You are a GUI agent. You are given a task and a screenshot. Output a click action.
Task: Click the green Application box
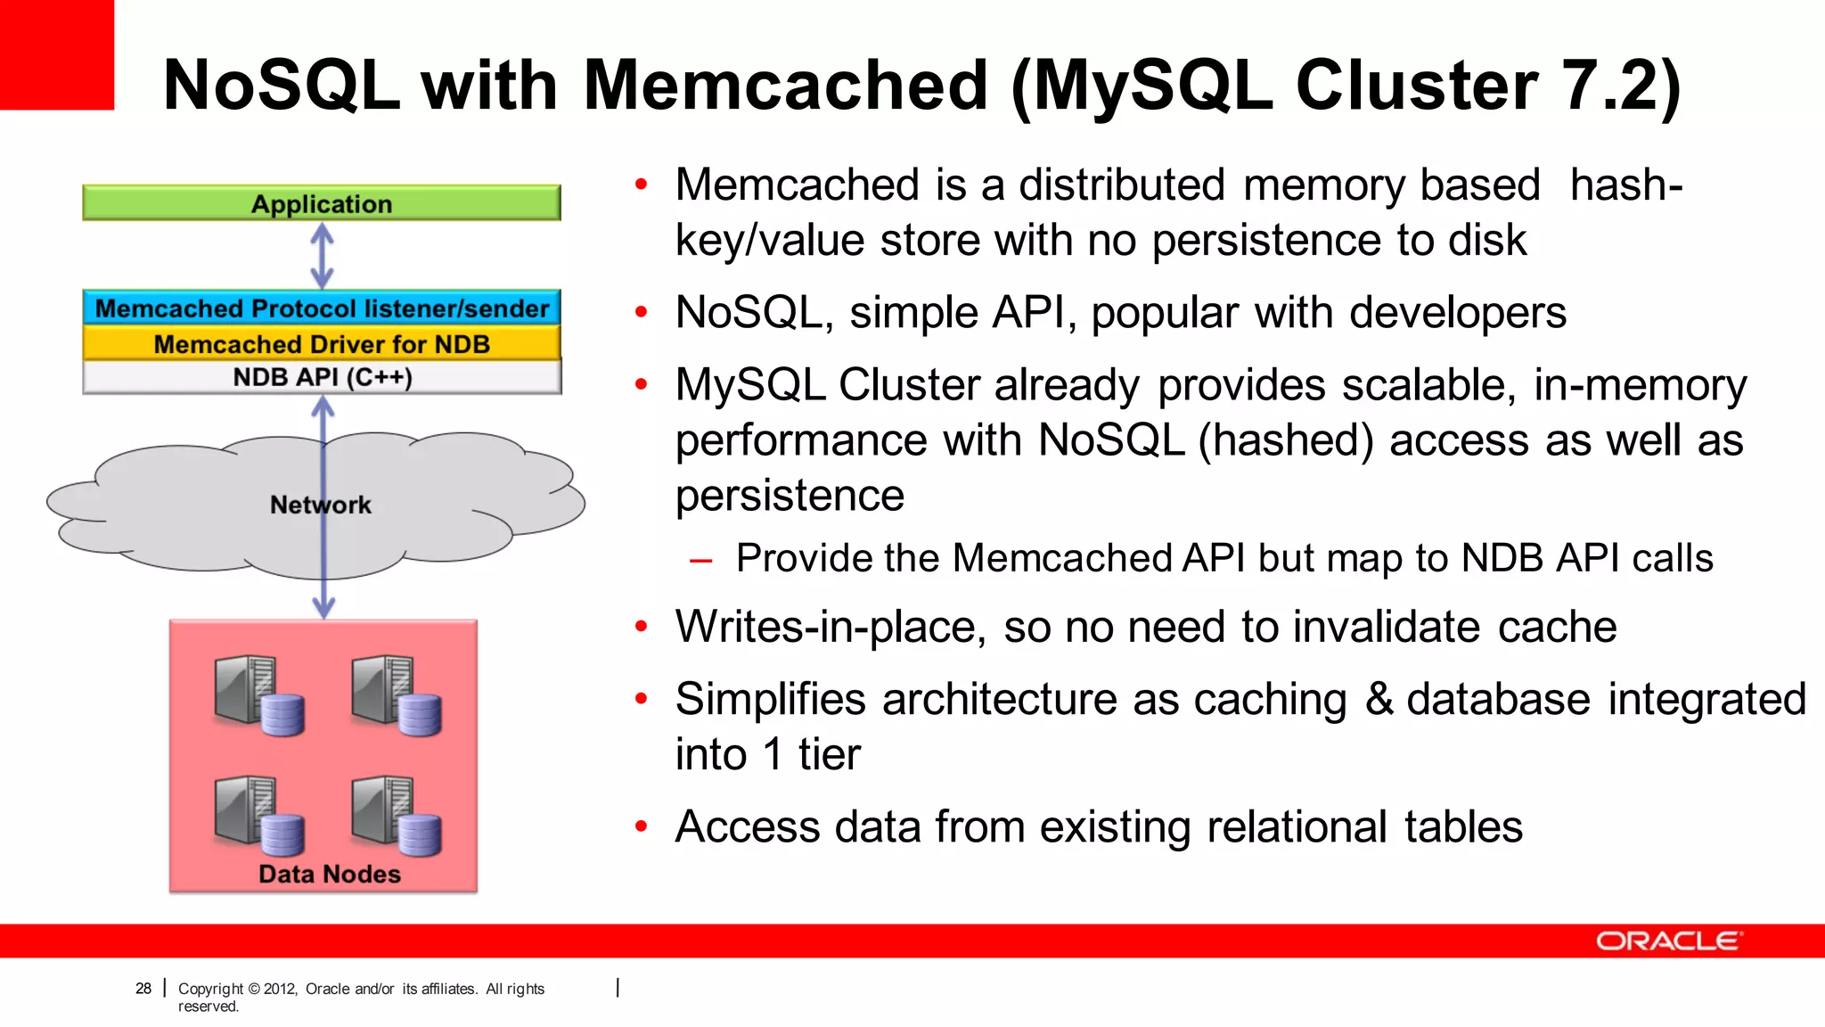[321, 203]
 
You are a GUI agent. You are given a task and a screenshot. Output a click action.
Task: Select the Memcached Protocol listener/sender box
[321, 308]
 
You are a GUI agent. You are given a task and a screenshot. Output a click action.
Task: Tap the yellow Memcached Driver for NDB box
[321, 343]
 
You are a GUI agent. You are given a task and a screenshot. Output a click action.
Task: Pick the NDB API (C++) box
[321, 377]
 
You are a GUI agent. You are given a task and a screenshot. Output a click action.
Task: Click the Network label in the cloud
[320, 505]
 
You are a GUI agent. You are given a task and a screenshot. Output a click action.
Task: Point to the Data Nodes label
[329, 874]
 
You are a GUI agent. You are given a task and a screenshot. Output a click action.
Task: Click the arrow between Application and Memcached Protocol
[322, 255]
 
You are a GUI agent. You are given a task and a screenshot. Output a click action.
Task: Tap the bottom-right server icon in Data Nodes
[396, 815]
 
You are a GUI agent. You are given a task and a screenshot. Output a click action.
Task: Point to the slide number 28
[143, 988]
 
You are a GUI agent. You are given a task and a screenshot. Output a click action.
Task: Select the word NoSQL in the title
[282, 85]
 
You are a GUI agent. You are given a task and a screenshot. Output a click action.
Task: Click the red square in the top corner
[56, 53]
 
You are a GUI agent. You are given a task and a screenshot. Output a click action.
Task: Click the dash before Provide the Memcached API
[700, 560]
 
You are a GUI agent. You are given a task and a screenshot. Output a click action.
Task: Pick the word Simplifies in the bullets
[770, 699]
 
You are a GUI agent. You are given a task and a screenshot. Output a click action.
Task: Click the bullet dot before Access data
[641, 826]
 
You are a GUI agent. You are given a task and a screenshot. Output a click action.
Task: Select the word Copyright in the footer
[210, 988]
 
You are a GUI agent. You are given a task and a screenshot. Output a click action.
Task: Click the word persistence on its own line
[790, 496]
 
